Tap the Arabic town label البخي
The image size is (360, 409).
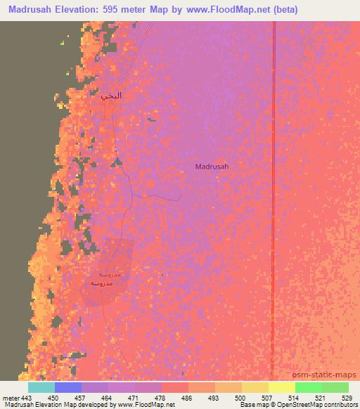pos(111,96)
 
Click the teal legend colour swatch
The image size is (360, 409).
pos(41,387)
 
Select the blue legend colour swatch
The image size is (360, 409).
pos(68,387)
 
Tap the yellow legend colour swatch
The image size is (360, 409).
pos(282,387)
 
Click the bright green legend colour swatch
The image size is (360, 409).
pos(309,387)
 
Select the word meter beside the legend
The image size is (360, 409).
pos(11,397)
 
